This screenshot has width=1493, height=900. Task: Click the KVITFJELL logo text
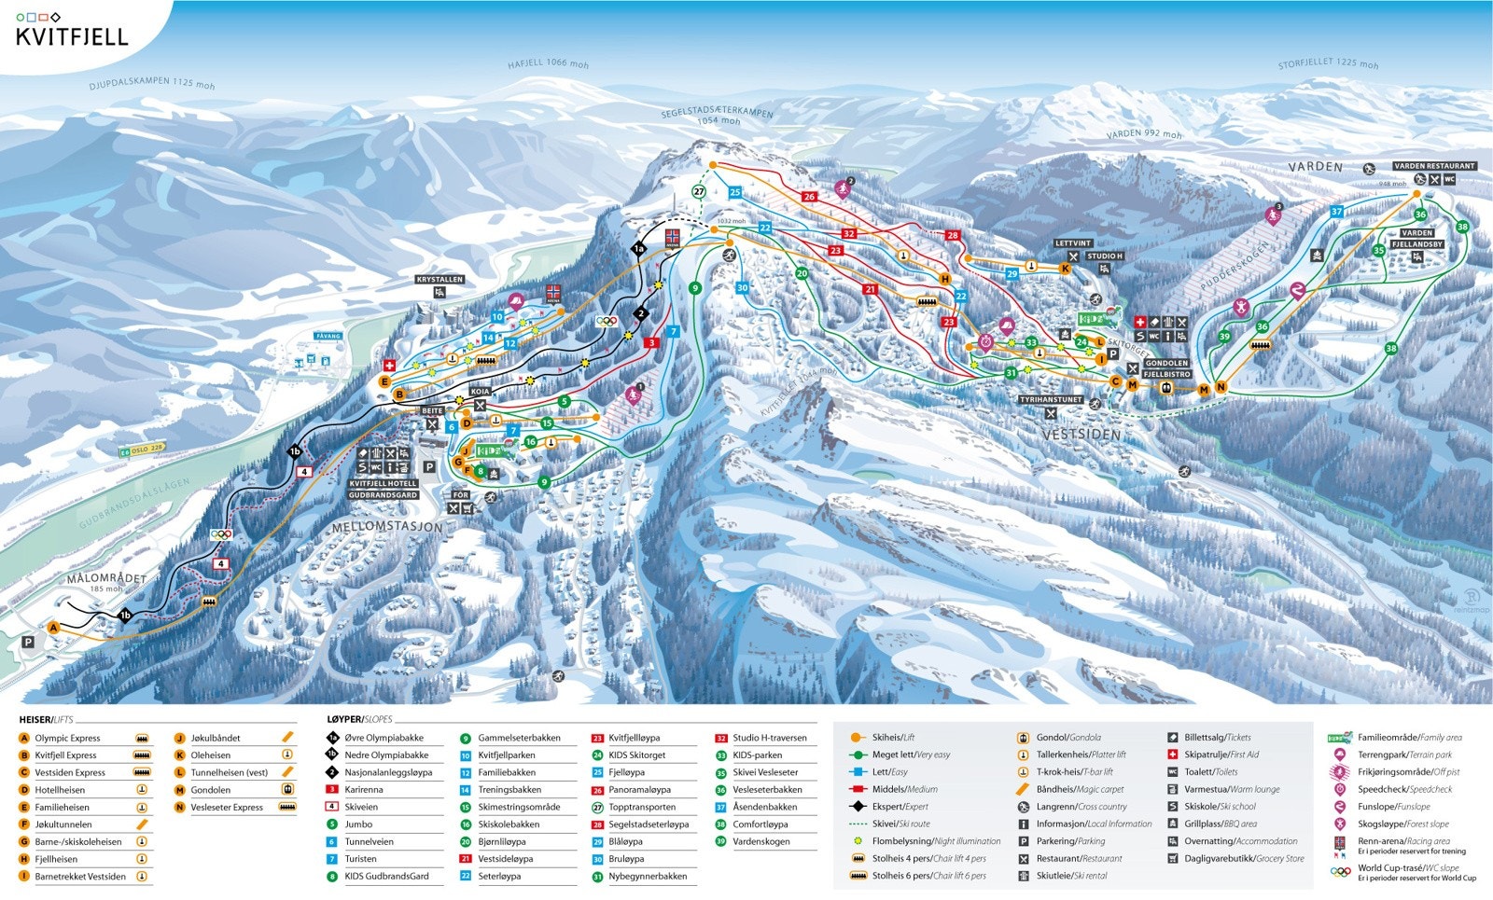click(x=72, y=37)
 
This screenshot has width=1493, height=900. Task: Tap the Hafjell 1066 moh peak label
click(x=548, y=64)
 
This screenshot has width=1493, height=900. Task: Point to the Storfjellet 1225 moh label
click(x=1328, y=63)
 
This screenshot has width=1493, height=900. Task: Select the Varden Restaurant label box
click(x=1434, y=166)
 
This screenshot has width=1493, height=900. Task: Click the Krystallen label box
click(x=440, y=279)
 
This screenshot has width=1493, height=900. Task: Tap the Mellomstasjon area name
click(x=387, y=527)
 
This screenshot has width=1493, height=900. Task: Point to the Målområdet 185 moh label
click(x=106, y=579)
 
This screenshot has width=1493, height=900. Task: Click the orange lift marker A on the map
click(x=53, y=628)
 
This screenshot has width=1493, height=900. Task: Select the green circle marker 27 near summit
click(x=700, y=191)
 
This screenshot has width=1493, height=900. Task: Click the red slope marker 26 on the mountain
click(x=809, y=196)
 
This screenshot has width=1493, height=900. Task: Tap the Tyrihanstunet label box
click(x=1051, y=399)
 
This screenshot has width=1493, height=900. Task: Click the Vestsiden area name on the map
click(x=1081, y=435)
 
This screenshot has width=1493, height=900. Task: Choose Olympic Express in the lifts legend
click(x=67, y=738)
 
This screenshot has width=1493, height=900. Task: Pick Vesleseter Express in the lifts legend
click(x=227, y=807)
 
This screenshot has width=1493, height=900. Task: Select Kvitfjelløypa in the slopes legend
click(x=634, y=738)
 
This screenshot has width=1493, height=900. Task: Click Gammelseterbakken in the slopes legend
click(x=519, y=738)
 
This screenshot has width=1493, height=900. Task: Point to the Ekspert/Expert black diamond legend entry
click(x=900, y=807)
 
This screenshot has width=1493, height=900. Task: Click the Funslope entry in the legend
click(x=1393, y=807)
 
